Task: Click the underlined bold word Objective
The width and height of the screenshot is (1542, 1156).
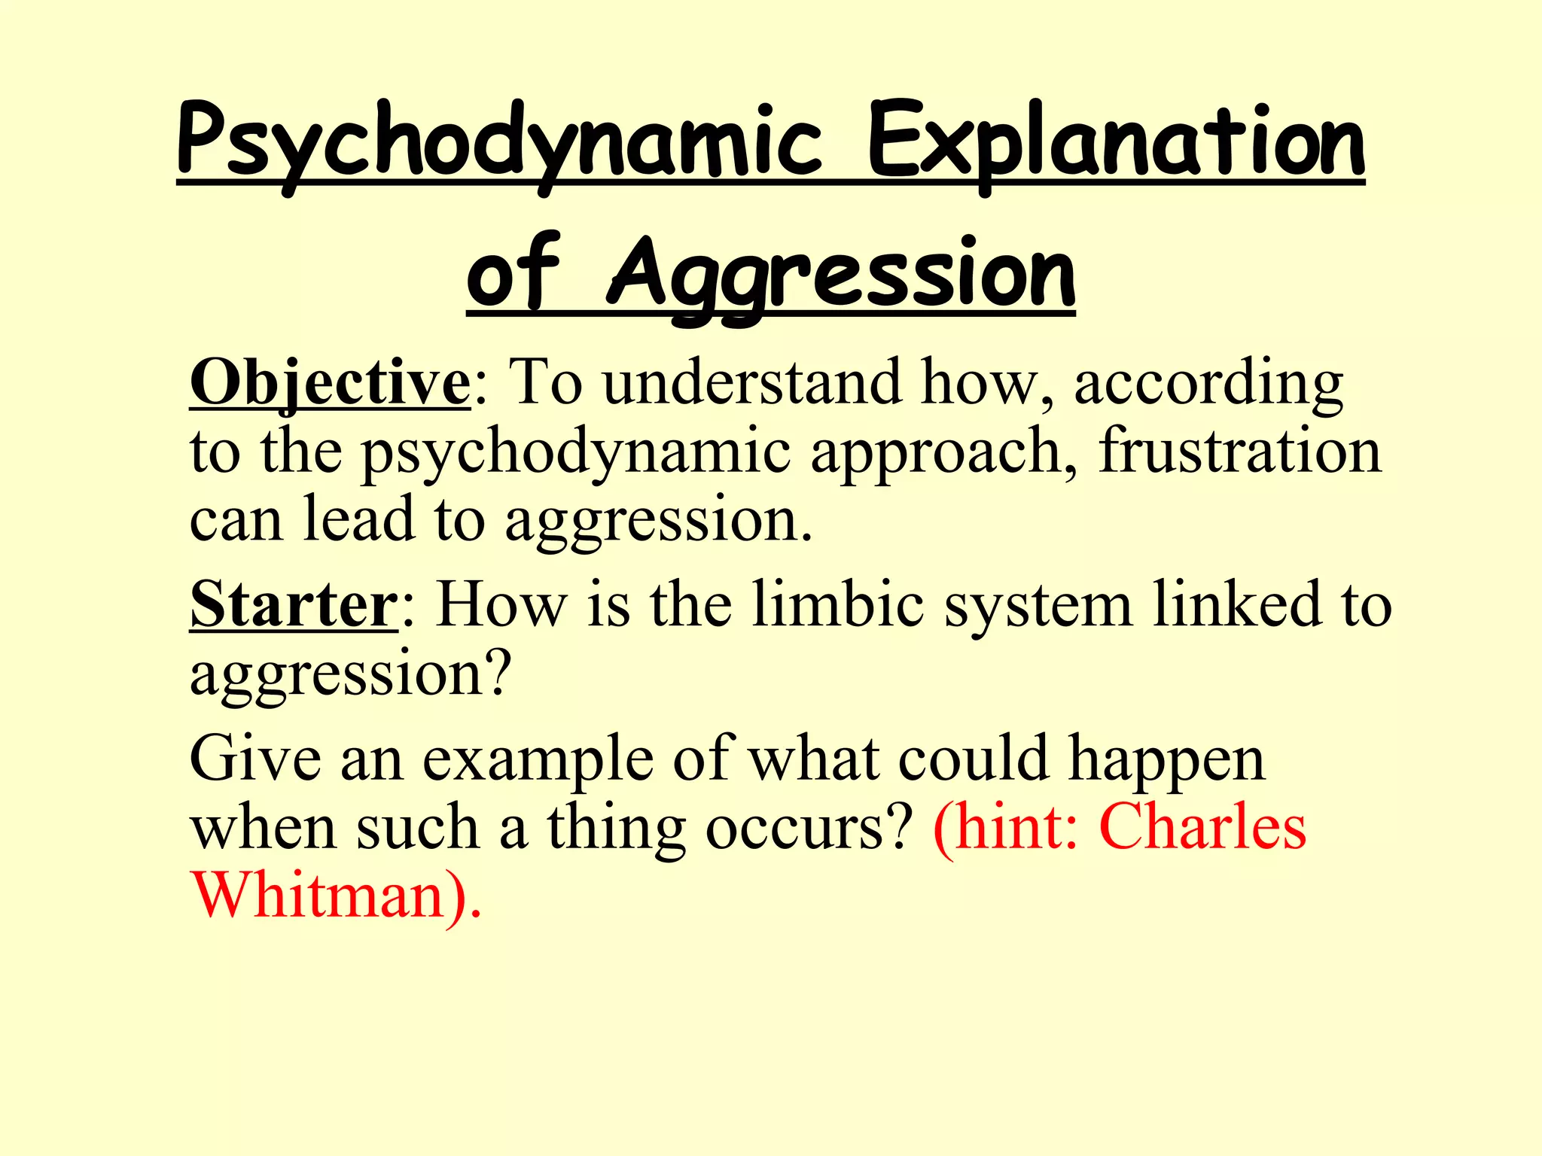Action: tap(330, 384)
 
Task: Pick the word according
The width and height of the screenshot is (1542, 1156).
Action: tap(1208, 384)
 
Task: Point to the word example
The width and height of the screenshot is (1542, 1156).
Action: tap(538, 760)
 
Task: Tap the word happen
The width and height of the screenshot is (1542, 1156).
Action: tap(1167, 760)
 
